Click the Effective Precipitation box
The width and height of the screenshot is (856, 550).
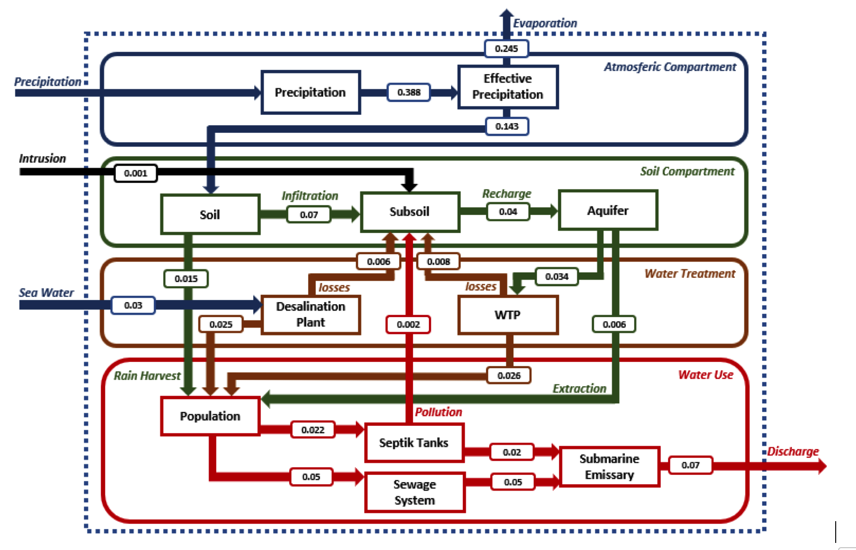tap(508, 87)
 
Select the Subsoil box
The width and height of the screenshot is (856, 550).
tap(410, 212)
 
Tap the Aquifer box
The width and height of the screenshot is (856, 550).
tap(608, 210)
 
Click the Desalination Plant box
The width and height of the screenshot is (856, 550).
tap(311, 315)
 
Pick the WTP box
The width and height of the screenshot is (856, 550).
tap(508, 315)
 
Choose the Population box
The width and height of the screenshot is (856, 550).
tap(210, 416)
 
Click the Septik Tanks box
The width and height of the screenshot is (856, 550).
tap(414, 443)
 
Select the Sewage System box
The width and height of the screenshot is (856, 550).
tap(415, 492)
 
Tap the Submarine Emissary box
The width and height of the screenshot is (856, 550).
tap(609, 467)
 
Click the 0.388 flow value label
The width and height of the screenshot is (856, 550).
tap(409, 92)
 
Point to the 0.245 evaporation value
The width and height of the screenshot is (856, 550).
tap(506, 49)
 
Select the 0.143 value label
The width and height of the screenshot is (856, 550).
tap(507, 127)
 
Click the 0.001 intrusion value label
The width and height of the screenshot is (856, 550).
tap(136, 173)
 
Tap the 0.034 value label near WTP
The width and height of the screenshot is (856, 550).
tap(557, 276)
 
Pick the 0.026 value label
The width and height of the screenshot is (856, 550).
tap(509, 376)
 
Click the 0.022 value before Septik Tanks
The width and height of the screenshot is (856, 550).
tap(313, 430)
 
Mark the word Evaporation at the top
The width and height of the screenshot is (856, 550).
tap(545, 23)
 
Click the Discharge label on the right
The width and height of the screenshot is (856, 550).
tap(793, 451)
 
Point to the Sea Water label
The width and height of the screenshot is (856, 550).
tap(46, 293)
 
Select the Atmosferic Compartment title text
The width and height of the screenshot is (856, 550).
tap(670, 67)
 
